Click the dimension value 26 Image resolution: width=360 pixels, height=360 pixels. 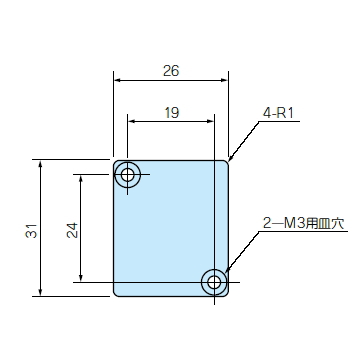pos(171,71)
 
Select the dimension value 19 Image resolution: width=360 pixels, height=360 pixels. pos(172,113)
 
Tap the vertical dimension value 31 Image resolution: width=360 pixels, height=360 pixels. pos(31,230)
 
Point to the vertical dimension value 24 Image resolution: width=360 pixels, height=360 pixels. pos(72,230)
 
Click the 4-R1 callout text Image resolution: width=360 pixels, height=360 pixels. pos(278,113)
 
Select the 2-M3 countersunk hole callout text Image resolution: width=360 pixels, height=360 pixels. pos(303,223)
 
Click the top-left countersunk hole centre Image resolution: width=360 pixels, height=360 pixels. pos(127,174)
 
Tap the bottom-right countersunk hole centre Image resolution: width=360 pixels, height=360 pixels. pos(214,282)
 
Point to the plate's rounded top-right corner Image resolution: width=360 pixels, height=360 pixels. pos(226,163)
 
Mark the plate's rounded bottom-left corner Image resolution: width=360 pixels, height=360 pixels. pos(116,294)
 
